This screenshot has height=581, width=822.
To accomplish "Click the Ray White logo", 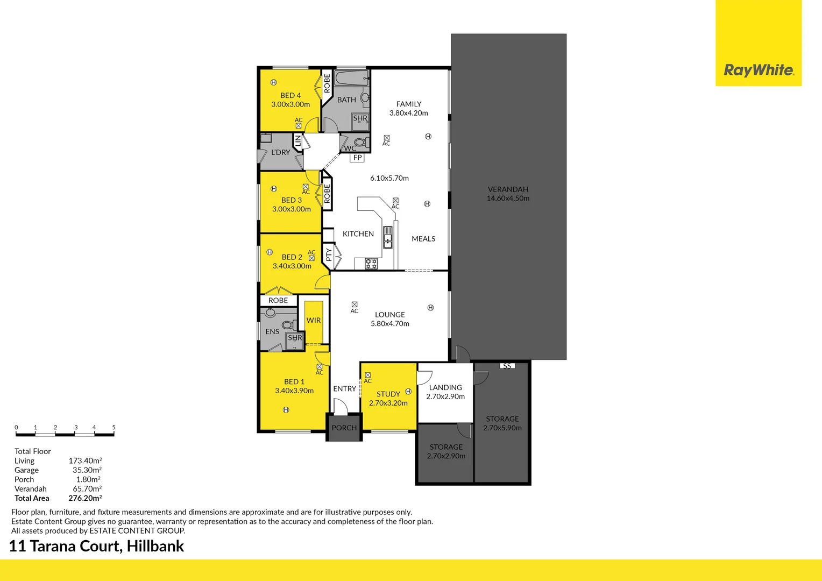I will (x=758, y=70).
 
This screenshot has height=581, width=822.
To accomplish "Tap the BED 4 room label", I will (x=290, y=95).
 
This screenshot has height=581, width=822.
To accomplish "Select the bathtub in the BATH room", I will (x=351, y=79).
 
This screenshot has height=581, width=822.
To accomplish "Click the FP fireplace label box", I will (x=357, y=158).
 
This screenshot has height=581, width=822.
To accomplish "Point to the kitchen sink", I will (x=387, y=237).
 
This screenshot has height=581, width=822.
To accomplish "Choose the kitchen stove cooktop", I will (x=371, y=264).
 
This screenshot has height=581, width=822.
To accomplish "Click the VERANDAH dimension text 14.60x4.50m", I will (x=508, y=199).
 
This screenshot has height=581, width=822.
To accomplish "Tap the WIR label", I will (x=314, y=320).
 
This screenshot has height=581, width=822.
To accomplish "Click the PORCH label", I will (x=344, y=428).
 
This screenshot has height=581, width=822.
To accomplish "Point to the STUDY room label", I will (x=388, y=394).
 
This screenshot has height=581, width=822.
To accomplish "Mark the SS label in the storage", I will (x=507, y=366).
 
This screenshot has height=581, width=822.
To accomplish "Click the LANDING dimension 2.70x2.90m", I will (x=445, y=396).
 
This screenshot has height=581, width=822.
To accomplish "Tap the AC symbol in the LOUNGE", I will (x=354, y=305).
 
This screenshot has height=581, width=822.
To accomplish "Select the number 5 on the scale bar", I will (x=114, y=427).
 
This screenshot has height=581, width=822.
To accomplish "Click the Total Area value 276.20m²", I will (x=85, y=498).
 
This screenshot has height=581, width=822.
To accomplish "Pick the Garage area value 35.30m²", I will (x=87, y=470).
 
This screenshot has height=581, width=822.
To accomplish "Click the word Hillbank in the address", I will (x=155, y=546).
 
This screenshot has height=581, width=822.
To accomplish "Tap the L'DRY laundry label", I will (x=280, y=152).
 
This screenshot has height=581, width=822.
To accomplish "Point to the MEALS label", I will (x=423, y=239).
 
